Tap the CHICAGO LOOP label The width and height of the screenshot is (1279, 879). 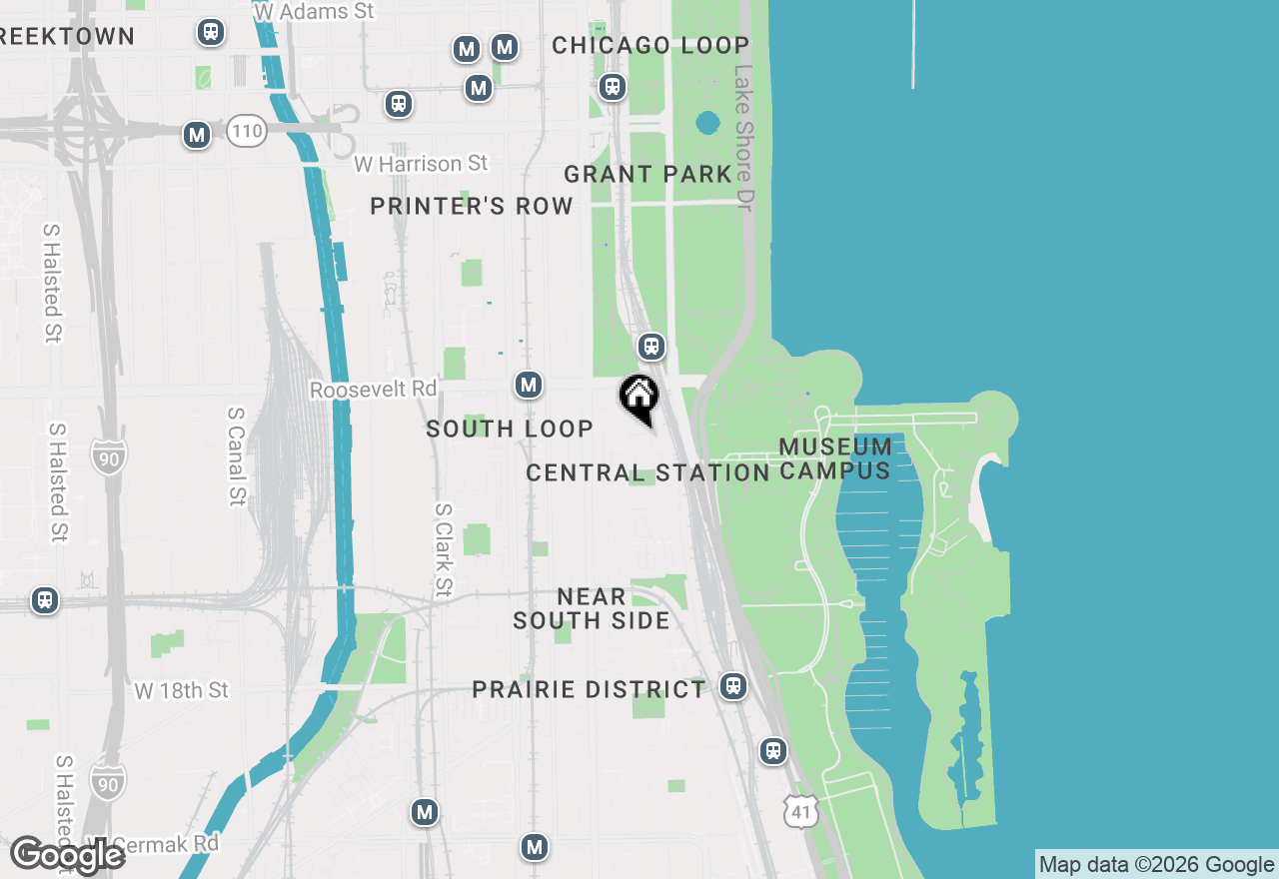pos(650,45)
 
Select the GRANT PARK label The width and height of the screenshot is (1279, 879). pos(648,174)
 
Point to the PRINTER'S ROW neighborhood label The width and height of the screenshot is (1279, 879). pos(472,206)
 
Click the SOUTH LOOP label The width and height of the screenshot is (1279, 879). pos(510,429)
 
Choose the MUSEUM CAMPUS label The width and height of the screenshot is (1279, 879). pos(835,458)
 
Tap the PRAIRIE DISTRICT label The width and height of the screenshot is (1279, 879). pos(589,689)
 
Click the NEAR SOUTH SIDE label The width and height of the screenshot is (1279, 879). pos(592,608)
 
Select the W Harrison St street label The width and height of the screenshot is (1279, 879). pos(421,163)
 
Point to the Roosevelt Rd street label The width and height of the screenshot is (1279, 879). pos(374,389)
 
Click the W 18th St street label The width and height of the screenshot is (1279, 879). pos(182,690)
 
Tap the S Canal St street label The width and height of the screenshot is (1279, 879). pos(237,455)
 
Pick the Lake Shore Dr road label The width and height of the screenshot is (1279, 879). pos(744,137)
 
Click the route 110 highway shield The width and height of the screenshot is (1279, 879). pos(246,131)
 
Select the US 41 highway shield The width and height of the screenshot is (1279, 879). pos(803,811)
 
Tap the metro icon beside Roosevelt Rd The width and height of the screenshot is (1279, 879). pos(529,385)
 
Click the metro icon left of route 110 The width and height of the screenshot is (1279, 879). pos(197,134)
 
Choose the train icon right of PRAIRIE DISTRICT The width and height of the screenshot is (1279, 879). pos(734,686)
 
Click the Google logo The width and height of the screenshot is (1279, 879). pos(68,856)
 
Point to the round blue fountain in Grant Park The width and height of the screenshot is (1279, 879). pos(707,123)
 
